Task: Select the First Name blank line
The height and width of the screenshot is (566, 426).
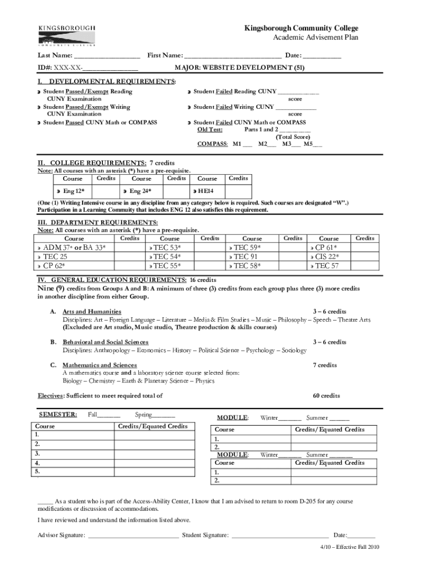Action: tap(232, 56)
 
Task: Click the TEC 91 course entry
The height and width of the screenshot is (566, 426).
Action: tap(245, 256)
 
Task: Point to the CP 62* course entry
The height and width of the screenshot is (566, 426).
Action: tap(56, 266)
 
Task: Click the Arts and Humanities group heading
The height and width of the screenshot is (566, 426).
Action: tap(92, 312)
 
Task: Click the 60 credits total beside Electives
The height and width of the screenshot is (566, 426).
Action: tap(326, 396)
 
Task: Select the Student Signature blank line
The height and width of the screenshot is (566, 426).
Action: tap(280, 536)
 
